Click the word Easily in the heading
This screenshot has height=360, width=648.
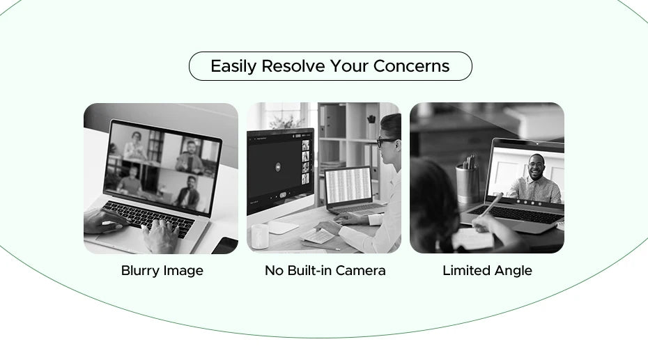[233, 67]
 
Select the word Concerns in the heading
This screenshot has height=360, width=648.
[411, 67]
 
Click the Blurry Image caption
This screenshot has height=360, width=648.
[162, 271]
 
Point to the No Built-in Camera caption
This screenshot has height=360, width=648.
[325, 271]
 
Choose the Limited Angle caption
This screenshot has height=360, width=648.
[487, 271]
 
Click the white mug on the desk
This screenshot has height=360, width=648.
[260, 236]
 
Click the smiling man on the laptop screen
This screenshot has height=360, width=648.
[535, 180]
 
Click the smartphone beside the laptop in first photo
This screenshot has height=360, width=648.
[226, 245]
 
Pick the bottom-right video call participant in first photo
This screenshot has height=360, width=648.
[187, 192]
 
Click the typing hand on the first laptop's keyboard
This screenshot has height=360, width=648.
[162, 235]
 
